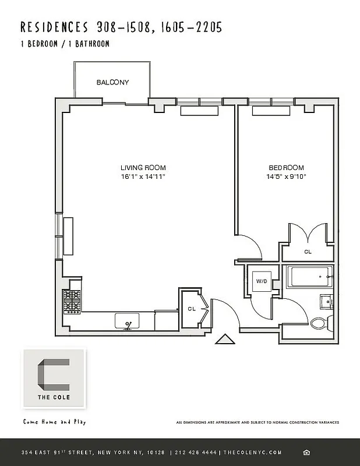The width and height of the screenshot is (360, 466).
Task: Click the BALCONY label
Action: [112, 83]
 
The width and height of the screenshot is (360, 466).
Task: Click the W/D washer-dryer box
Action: [262, 281]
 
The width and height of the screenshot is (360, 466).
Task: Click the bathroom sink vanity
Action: [326, 302]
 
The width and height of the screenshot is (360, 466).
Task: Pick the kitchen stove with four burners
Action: [72, 301]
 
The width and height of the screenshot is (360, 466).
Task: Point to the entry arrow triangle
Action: [224, 339]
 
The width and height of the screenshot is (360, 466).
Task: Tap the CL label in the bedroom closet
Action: [308, 252]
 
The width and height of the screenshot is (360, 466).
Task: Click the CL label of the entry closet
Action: [191, 309]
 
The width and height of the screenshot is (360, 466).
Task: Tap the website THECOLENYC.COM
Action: [253, 453]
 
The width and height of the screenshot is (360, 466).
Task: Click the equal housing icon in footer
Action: [307, 453]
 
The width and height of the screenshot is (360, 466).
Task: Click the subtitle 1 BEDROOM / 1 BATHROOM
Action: [65, 44]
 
